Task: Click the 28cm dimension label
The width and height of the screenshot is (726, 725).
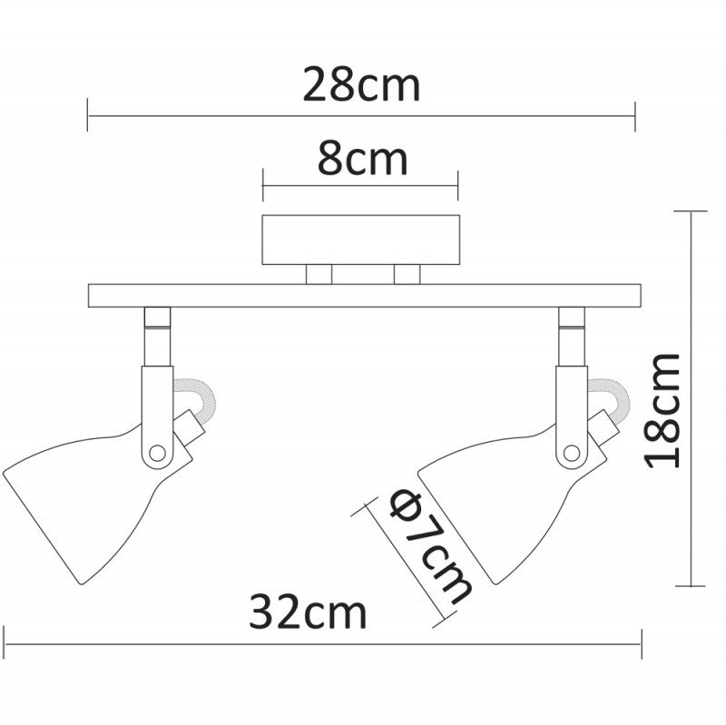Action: click(361, 86)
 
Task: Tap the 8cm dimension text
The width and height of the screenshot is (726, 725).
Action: click(361, 161)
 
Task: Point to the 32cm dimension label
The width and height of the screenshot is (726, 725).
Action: click(308, 612)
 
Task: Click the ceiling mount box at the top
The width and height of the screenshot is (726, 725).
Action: click(361, 240)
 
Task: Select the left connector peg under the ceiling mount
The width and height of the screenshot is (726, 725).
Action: click(319, 274)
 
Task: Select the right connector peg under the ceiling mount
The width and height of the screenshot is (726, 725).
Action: click(407, 274)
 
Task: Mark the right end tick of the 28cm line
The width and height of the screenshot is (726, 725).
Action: click(635, 116)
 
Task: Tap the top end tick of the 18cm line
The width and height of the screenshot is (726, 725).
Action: click(692, 211)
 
